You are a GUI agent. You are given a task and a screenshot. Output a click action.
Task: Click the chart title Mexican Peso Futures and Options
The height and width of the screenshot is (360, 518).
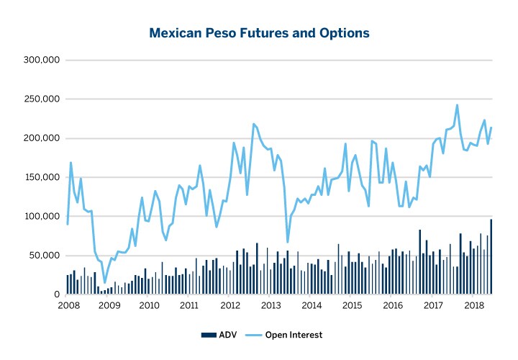[x=259, y=33]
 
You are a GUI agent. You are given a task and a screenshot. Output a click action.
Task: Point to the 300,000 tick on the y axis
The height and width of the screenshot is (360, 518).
[x=42, y=60]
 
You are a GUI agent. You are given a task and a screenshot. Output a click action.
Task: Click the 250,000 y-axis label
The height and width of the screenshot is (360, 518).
[x=42, y=99]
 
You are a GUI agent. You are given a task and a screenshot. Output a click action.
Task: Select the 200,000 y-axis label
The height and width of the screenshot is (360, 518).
[x=42, y=138]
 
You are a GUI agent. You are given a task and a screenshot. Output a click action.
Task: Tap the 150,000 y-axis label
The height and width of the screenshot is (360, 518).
[x=42, y=177]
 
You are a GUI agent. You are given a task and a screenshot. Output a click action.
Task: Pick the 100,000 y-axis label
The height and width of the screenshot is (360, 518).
[x=42, y=217]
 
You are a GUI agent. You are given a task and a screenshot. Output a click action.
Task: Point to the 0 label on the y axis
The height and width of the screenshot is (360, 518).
[x=55, y=294]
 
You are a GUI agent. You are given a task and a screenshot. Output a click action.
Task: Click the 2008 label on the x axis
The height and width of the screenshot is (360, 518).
[x=68, y=306]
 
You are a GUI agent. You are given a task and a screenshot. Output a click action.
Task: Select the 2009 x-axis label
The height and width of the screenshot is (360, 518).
[x=109, y=306]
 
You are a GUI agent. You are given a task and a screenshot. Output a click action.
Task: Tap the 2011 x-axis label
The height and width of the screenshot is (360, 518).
[x=189, y=306]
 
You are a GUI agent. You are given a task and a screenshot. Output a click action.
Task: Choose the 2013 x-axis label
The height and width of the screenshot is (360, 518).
[x=271, y=306]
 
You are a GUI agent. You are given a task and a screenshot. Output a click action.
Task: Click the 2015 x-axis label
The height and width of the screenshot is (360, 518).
[x=351, y=306]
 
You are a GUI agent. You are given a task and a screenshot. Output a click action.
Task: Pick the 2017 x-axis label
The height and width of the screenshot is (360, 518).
[x=432, y=306]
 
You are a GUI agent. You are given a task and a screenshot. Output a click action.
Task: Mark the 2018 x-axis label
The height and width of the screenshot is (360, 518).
[x=473, y=306]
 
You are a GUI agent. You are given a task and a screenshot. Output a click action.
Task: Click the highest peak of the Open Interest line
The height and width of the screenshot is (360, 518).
[x=457, y=105]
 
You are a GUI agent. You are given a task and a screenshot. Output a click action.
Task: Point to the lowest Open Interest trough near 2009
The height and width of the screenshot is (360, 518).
[x=104, y=282]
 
